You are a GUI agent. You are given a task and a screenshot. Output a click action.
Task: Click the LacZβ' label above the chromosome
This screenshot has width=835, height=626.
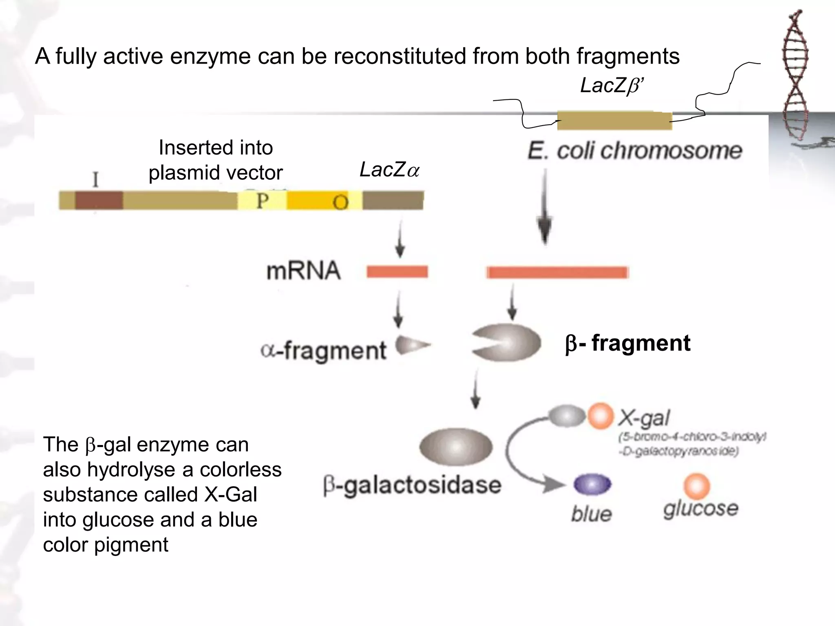(612, 86)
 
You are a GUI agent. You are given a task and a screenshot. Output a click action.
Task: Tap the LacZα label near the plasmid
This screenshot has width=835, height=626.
(389, 170)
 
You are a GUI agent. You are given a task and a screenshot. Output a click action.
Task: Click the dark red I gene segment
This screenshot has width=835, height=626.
(99, 201)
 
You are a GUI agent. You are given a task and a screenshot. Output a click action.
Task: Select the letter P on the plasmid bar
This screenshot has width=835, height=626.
(262, 201)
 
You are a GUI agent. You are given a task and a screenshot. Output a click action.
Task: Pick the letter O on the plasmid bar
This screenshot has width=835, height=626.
(340, 202)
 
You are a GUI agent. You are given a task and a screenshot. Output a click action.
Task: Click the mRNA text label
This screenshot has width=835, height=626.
(303, 271)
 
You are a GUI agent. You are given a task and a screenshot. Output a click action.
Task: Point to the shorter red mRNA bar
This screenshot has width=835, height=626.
(397, 271)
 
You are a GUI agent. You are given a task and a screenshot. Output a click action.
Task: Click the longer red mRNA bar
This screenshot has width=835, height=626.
(557, 272)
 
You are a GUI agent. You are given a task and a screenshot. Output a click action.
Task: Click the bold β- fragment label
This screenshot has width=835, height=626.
(628, 343)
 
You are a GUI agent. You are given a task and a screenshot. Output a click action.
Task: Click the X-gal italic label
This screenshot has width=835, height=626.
(644, 418)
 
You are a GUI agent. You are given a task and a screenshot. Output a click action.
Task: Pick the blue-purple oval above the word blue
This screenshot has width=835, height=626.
(592, 485)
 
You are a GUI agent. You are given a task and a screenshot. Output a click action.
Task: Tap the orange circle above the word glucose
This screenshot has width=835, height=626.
(696, 486)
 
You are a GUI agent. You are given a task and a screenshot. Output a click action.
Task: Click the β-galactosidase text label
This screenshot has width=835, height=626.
(412, 485)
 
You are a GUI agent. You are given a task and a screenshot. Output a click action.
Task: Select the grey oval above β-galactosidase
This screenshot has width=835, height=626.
(456, 447)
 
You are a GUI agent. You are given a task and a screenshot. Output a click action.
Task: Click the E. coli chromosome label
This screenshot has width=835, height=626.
(634, 151)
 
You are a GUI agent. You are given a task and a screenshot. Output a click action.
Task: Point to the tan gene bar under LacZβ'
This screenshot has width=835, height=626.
(614, 121)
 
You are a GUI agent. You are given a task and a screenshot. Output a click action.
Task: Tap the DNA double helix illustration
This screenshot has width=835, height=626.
(795, 73)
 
